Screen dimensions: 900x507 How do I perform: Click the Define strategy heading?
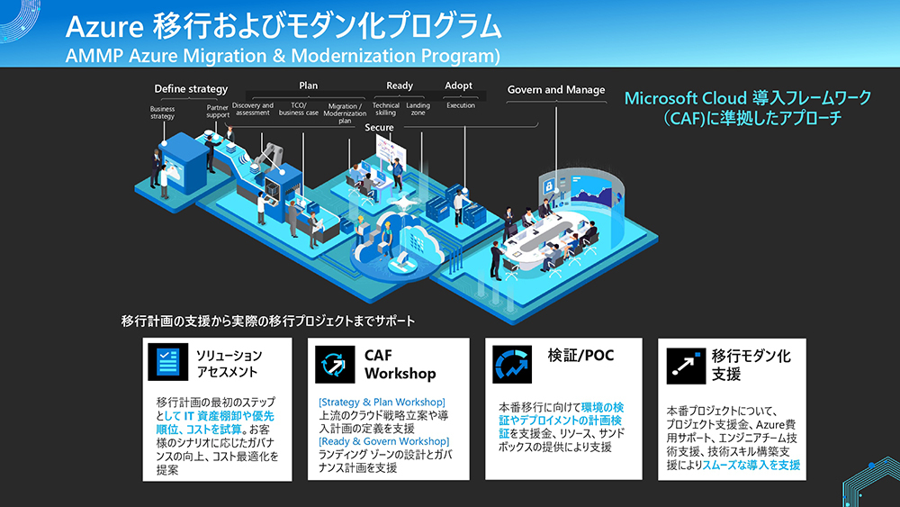pos(191,89)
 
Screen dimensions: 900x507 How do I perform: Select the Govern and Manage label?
pos(556,89)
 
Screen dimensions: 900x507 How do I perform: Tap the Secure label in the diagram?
pos(380,128)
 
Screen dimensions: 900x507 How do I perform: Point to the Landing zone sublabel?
pos(418,109)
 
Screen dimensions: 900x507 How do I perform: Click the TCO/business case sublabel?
pos(299,109)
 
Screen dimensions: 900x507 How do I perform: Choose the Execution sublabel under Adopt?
pos(461,105)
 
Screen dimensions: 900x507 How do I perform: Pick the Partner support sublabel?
pos(218,112)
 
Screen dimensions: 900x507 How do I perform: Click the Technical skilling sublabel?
pos(386,109)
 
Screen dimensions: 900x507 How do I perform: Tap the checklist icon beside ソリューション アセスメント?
pos(167,362)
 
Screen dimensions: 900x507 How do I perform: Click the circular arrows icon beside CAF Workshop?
pos(335,364)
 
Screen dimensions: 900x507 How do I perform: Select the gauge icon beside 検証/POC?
pos(512,364)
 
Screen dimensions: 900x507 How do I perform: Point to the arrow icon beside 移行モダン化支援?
pos(686,366)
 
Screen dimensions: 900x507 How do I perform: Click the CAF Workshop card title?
pos(400,365)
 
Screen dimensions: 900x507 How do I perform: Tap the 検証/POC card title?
pos(580,356)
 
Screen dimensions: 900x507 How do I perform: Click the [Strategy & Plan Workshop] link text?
pos(382,403)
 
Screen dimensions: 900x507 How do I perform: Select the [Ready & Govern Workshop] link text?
pos(384,441)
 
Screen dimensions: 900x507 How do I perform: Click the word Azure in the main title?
pos(103,27)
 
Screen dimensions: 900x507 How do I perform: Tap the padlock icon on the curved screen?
pos(549,187)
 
